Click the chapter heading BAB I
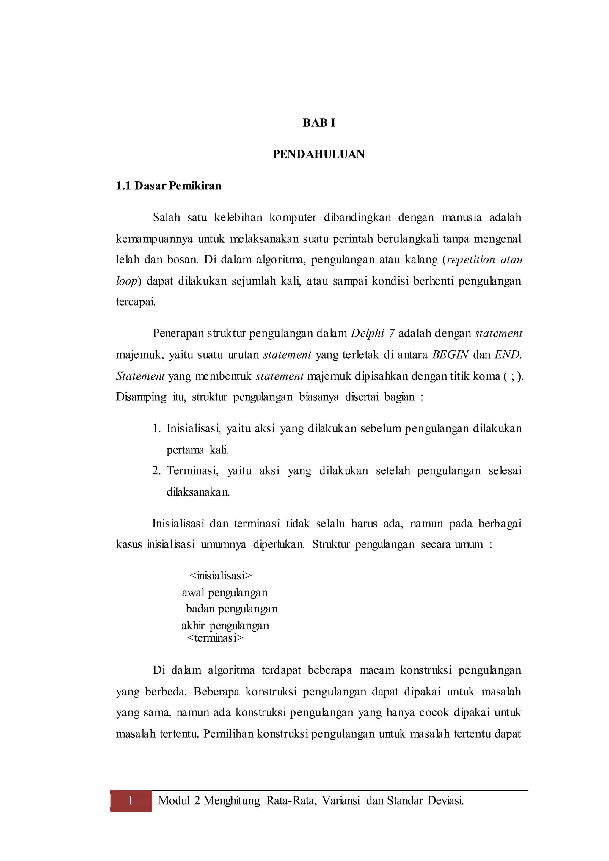tap(319, 123)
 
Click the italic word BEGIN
tap(450, 355)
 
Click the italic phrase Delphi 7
tap(372, 333)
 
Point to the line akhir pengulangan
tap(225, 626)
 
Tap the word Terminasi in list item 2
tap(192, 471)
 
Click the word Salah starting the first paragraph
tap(167, 218)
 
